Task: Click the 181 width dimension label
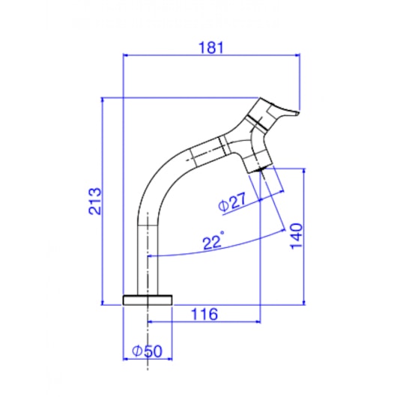click(211, 48)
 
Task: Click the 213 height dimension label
click(95, 201)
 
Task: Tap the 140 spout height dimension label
click(297, 236)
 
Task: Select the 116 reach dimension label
click(204, 314)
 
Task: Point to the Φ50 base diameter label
click(147, 351)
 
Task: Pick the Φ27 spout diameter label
click(232, 201)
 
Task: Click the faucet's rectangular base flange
click(148, 300)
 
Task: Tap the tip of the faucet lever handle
click(298, 113)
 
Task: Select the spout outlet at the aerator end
click(258, 170)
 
